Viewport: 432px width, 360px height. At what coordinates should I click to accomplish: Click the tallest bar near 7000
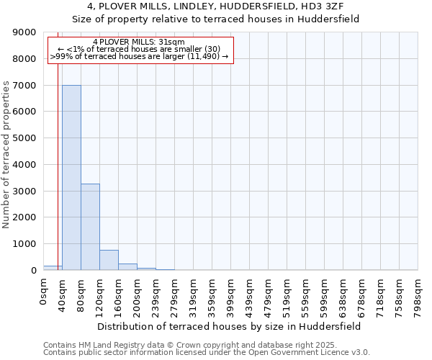pyautogui.click(x=71, y=177)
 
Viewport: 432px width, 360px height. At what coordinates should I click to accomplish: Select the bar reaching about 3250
pyautogui.click(x=90, y=227)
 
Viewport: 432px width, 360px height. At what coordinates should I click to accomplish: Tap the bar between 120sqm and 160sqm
pyautogui.click(x=109, y=260)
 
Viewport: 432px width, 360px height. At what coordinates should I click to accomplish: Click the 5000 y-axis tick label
pyautogui.click(x=27, y=138)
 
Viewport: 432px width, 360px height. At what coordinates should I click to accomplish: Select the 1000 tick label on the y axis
pyautogui.click(x=27, y=244)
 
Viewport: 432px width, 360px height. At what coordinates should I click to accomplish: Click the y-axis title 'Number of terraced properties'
pyautogui.click(x=7, y=155)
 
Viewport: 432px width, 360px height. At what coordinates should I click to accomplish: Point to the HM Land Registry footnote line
pyautogui.click(x=205, y=345)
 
